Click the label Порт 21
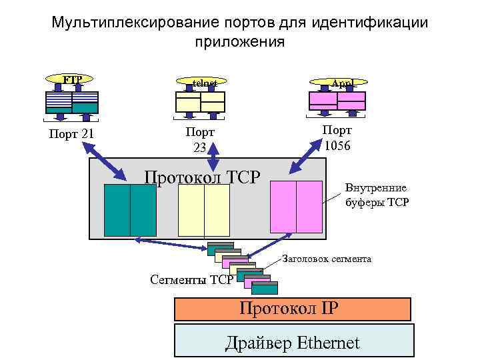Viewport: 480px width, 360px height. point(71,134)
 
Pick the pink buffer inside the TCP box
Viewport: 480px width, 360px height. point(296,206)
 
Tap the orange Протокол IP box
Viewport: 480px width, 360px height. point(292,309)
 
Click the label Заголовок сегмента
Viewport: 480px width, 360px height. point(327,258)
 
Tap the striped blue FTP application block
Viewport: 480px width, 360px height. point(71,101)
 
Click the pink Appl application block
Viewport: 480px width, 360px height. point(337,101)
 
